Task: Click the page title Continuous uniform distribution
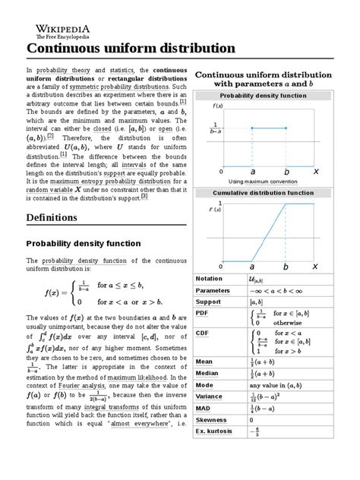[131, 48]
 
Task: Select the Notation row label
[209, 279]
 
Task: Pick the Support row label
[209, 303]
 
